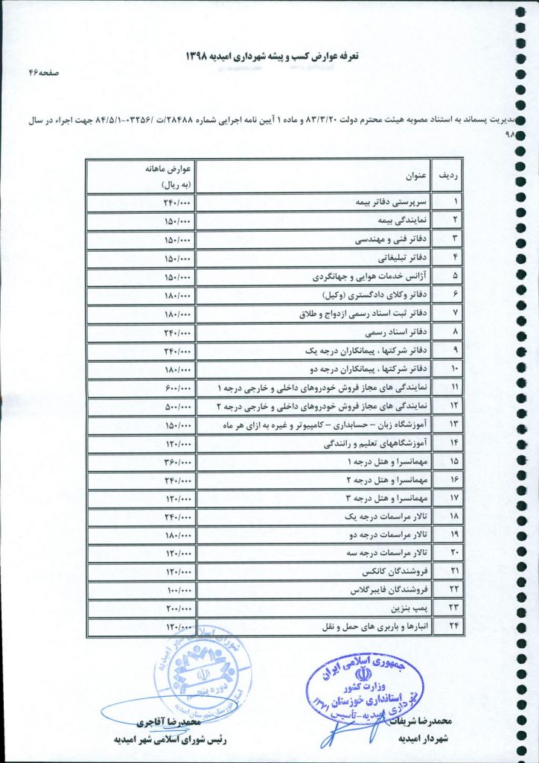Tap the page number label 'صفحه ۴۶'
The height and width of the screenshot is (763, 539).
pos(43,74)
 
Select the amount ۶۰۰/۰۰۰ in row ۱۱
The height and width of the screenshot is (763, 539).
pos(178,387)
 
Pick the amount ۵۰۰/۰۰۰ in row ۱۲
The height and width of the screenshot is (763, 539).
pos(178,406)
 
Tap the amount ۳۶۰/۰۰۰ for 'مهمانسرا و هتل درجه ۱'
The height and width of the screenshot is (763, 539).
pos(178,462)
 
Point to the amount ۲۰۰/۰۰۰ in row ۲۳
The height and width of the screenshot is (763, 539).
pos(178,609)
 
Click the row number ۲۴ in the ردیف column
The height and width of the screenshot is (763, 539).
pos(454,627)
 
